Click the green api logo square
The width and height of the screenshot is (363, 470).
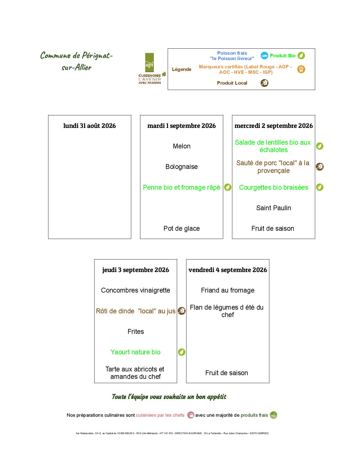149,62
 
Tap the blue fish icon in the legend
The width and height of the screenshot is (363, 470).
264,56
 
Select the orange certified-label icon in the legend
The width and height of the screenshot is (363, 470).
301,69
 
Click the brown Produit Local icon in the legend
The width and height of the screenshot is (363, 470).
264,83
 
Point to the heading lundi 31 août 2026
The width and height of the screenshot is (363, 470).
89,126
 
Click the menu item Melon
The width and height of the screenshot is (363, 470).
182,146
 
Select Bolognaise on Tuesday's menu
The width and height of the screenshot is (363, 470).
182,167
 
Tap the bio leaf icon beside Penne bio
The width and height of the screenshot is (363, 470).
228,187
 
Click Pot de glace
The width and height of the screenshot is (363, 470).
182,228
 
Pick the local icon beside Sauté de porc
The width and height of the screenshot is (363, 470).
320,167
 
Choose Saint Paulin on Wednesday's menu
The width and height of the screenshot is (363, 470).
274,208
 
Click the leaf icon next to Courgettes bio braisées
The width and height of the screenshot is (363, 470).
320,187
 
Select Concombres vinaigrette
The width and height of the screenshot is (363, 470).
136,290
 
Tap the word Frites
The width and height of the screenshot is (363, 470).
136,332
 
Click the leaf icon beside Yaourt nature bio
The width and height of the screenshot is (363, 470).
182,352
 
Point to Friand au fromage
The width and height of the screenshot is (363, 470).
228,290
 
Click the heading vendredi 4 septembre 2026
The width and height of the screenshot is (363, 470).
228,270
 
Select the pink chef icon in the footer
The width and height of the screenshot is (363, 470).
191,415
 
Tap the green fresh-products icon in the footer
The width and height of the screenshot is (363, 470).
274,415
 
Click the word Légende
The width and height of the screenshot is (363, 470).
182,69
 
